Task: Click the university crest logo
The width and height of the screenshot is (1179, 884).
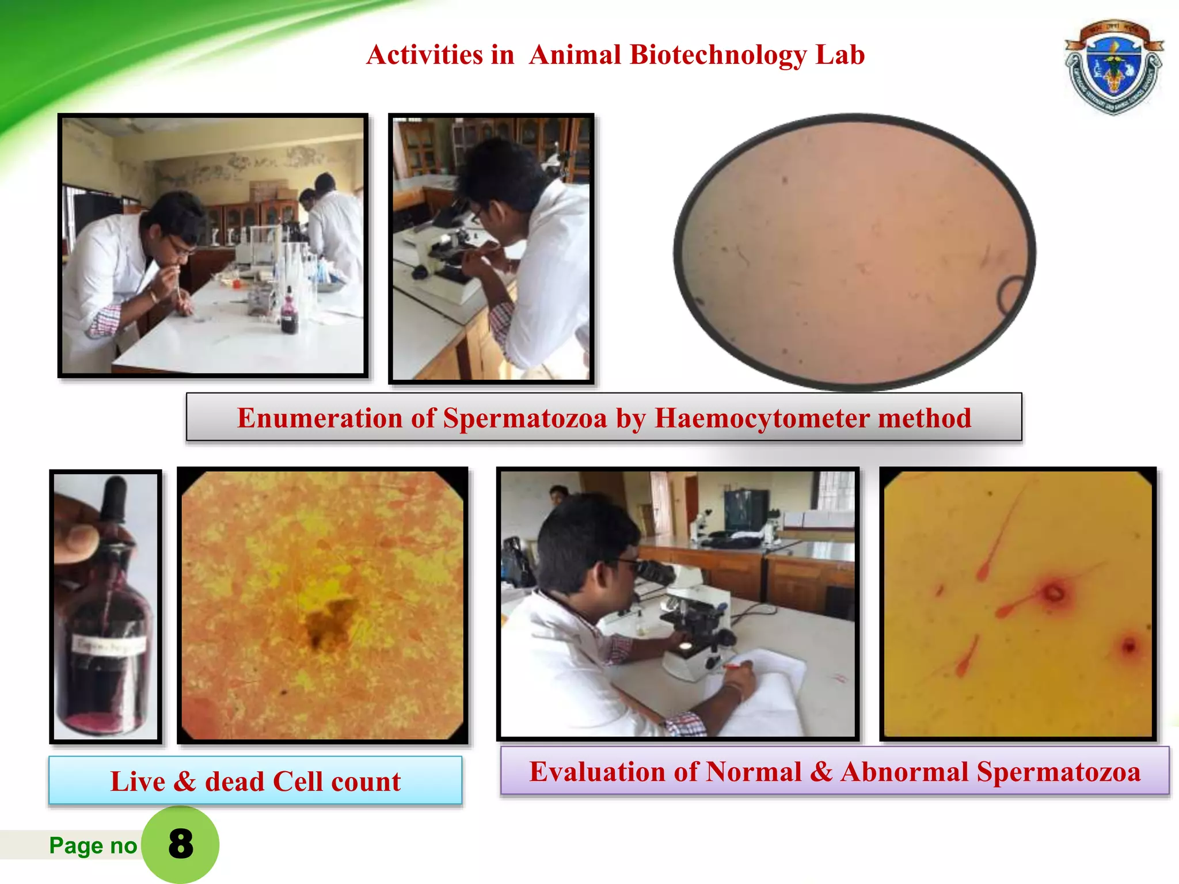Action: (x=1113, y=66)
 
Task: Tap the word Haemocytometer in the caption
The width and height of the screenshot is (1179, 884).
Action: (x=762, y=418)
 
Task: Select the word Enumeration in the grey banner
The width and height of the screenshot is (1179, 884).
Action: (x=319, y=418)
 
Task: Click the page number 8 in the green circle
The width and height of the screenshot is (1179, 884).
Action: (x=180, y=844)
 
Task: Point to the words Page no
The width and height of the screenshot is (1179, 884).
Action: (x=93, y=845)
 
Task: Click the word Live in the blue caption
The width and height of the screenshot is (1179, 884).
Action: (x=138, y=782)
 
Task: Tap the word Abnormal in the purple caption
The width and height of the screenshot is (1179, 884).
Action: (x=904, y=772)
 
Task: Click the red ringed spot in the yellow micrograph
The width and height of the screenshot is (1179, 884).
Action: (x=1054, y=593)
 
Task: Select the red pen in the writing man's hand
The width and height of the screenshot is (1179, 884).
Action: (x=735, y=666)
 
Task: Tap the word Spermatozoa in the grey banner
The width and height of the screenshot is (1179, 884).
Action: (x=524, y=418)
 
